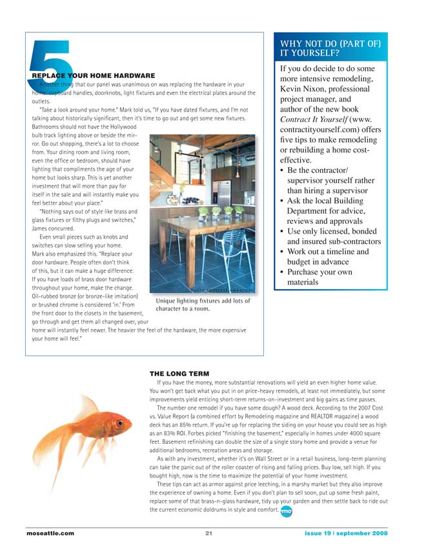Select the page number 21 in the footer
[x=209, y=534]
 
